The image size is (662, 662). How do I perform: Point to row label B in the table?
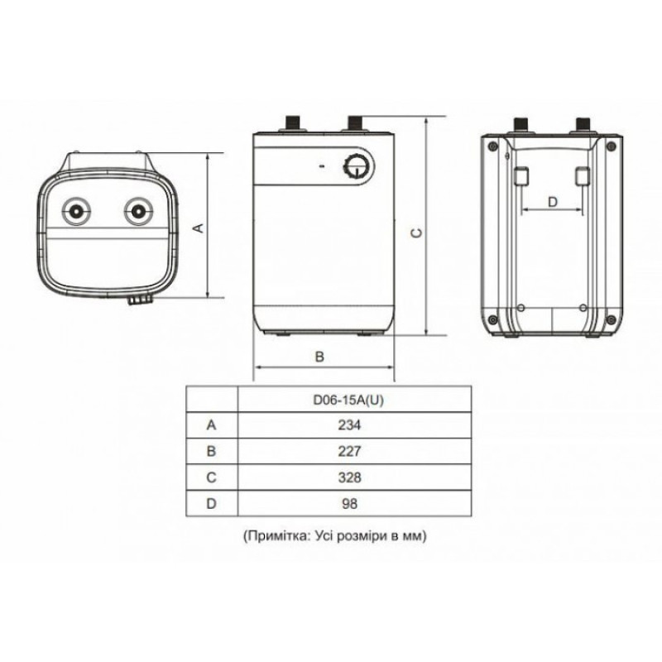(211, 451)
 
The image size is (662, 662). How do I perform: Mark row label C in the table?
(211, 477)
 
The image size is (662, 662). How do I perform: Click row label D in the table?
(211, 503)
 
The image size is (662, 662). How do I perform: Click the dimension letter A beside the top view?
(198, 226)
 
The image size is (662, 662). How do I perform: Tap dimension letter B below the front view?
(320, 357)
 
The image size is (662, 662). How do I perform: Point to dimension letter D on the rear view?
(554, 201)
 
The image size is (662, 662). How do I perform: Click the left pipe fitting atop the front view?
(293, 123)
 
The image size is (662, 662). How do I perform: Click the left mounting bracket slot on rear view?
(521, 176)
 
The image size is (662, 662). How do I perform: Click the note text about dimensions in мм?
(334, 536)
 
